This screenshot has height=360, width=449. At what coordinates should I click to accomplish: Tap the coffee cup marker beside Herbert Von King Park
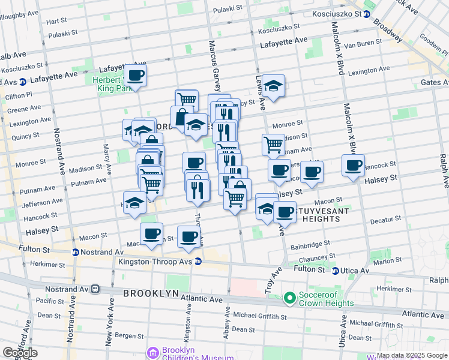[x=136, y=76]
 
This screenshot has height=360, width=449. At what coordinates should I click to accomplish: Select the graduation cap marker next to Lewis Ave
[x=273, y=86]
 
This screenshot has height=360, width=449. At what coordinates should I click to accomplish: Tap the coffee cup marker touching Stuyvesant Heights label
[x=285, y=212]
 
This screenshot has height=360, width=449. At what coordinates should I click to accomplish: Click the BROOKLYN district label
[x=151, y=293]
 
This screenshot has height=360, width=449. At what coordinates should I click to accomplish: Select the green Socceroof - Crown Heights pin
[x=290, y=297]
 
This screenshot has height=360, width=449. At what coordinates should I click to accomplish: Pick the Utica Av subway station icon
[x=336, y=271]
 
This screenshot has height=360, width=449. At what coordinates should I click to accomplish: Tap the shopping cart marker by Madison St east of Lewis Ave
[x=273, y=145]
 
